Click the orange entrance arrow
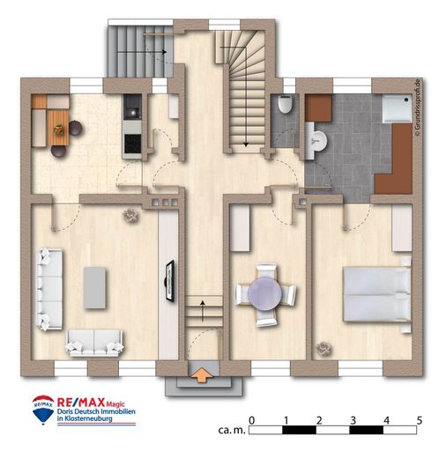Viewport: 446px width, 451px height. (x=201, y=375)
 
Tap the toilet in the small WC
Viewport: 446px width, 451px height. (x=285, y=104)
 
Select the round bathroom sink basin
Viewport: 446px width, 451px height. (x=318, y=140)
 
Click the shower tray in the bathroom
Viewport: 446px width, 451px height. (x=397, y=108)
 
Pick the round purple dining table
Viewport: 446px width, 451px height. (x=265, y=293)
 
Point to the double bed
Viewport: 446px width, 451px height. (x=377, y=294)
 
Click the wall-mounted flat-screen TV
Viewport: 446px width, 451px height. (x=170, y=280)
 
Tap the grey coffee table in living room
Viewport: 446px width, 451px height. (x=94, y=288)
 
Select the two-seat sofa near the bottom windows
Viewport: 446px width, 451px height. (x=94, y=343)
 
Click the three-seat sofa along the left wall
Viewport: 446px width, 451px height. (x=49, y=290)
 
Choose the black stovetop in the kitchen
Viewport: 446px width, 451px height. (x=132, y=144)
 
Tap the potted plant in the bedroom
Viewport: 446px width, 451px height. (x=324, y=349)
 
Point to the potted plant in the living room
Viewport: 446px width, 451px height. (x=130, y=216)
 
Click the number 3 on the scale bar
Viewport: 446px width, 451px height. (x=353, y=421)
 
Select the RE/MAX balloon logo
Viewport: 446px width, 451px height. (x=43, y=410)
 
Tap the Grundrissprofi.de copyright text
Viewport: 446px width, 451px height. (x=417, y=107)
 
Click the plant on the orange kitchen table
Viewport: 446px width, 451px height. (x=59, y=129)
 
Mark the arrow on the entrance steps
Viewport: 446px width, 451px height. (x=203, y=311)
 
